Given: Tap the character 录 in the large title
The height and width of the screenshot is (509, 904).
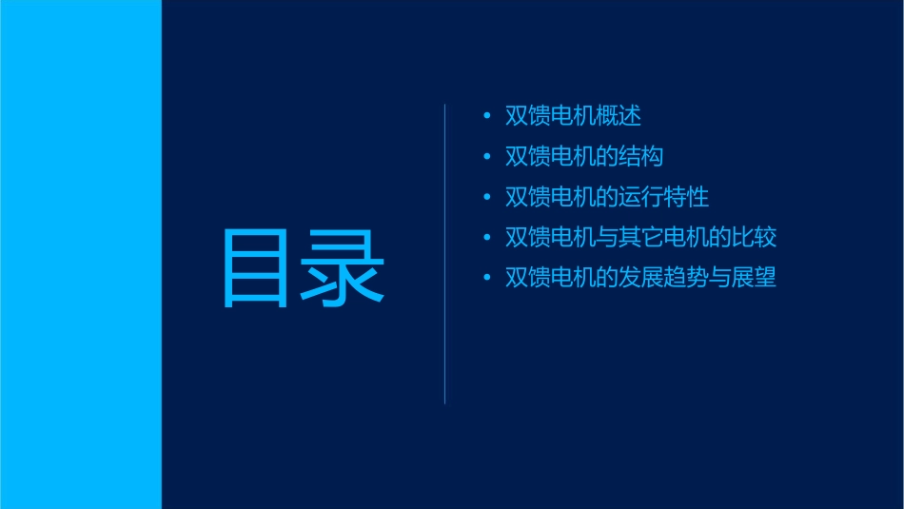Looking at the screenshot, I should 344,267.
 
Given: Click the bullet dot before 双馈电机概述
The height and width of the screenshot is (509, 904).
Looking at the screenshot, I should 487,116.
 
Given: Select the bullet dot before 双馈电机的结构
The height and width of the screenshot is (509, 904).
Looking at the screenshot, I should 487,157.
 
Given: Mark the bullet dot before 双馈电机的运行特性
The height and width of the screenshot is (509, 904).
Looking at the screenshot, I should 487,198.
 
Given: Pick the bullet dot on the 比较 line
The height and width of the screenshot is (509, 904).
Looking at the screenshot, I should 487,238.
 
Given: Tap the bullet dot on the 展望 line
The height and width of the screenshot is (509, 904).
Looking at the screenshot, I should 487,279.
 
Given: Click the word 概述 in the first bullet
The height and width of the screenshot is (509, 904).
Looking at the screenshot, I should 619,116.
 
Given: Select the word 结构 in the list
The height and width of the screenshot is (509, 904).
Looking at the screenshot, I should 641,157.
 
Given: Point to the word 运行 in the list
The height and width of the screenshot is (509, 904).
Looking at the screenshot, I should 641,198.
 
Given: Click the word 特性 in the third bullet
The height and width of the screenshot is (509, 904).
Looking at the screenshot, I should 687,198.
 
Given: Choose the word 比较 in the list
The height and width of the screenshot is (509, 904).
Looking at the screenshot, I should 755,238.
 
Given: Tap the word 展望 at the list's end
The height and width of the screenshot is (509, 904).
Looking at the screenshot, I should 755,279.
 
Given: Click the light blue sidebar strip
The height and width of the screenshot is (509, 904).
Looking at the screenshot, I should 80,254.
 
